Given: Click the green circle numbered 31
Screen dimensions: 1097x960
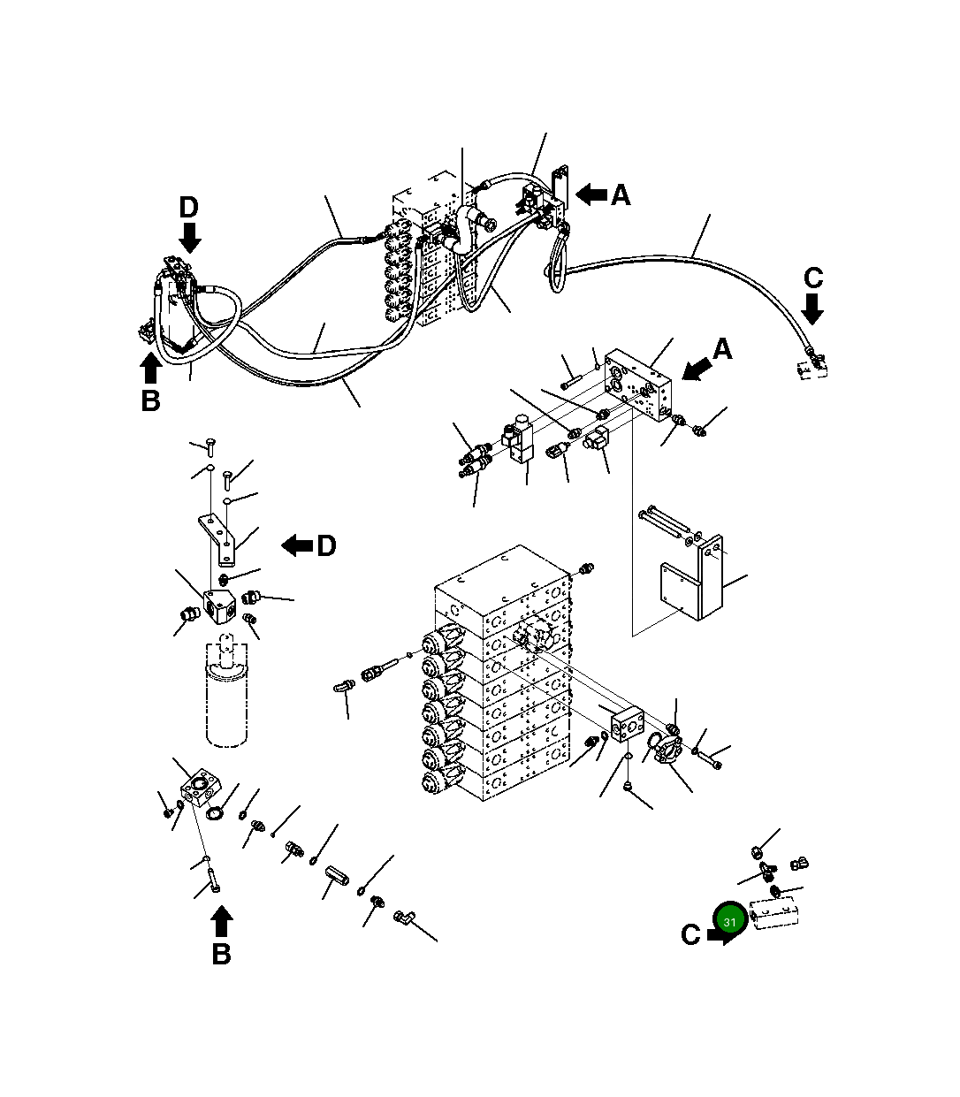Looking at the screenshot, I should [x=729, y=922].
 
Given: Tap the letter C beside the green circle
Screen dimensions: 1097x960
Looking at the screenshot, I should [x=690, y=934].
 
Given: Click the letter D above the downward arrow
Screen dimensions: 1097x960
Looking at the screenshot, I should [x=188, y=208].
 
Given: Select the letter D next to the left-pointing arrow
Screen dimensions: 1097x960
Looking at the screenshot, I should [x=326, y=546].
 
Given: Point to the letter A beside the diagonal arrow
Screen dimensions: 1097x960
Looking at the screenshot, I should [x=722, y=350].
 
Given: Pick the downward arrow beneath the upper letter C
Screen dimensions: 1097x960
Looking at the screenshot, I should [x=812, y=309].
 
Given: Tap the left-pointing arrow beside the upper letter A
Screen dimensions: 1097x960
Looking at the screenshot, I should [x=591, y=194].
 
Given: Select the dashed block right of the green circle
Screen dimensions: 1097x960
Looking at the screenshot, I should [x=774, y=913].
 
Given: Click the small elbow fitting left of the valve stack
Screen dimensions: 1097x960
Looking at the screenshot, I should [x=344, y=686].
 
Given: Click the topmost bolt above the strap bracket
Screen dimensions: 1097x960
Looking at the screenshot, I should [x=210, y=443].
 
